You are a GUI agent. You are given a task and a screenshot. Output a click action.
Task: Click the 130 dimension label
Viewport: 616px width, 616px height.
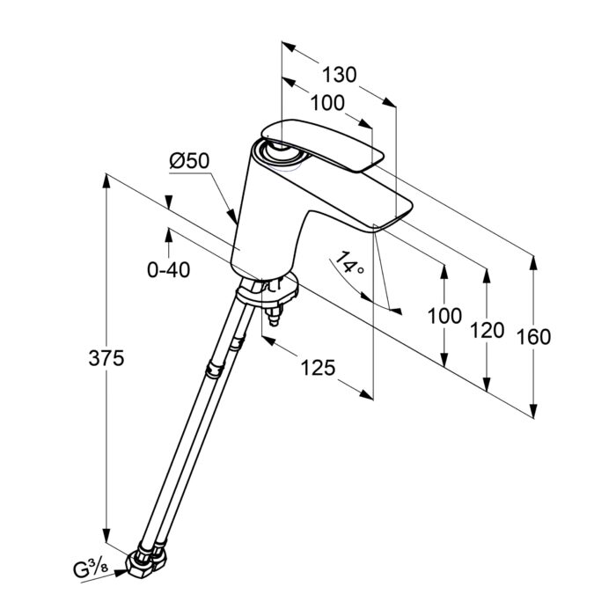point(340,75)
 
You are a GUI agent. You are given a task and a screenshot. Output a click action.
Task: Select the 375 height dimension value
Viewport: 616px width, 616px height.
point(106,358)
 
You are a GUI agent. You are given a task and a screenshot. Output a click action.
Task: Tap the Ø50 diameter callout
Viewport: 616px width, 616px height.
point(190,161)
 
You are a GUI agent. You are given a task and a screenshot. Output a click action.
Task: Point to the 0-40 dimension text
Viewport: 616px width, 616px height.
point(169,269)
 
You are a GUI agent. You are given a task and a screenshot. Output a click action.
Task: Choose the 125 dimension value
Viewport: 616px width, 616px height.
point(318,368)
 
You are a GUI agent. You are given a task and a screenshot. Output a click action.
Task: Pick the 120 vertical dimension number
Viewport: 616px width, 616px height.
point(488,330)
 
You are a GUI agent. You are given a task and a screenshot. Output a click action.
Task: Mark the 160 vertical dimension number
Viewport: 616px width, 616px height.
point(533,337)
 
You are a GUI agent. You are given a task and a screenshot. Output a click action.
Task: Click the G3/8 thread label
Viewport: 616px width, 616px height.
point(91,569)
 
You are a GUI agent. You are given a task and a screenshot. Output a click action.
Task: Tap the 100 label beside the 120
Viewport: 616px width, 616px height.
point(444,316)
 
